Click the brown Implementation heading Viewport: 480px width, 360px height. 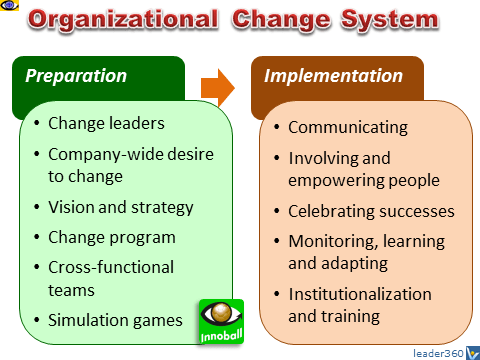pos(334,76)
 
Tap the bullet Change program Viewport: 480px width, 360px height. pos(111,238)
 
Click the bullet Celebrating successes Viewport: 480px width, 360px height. pos(371,211)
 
